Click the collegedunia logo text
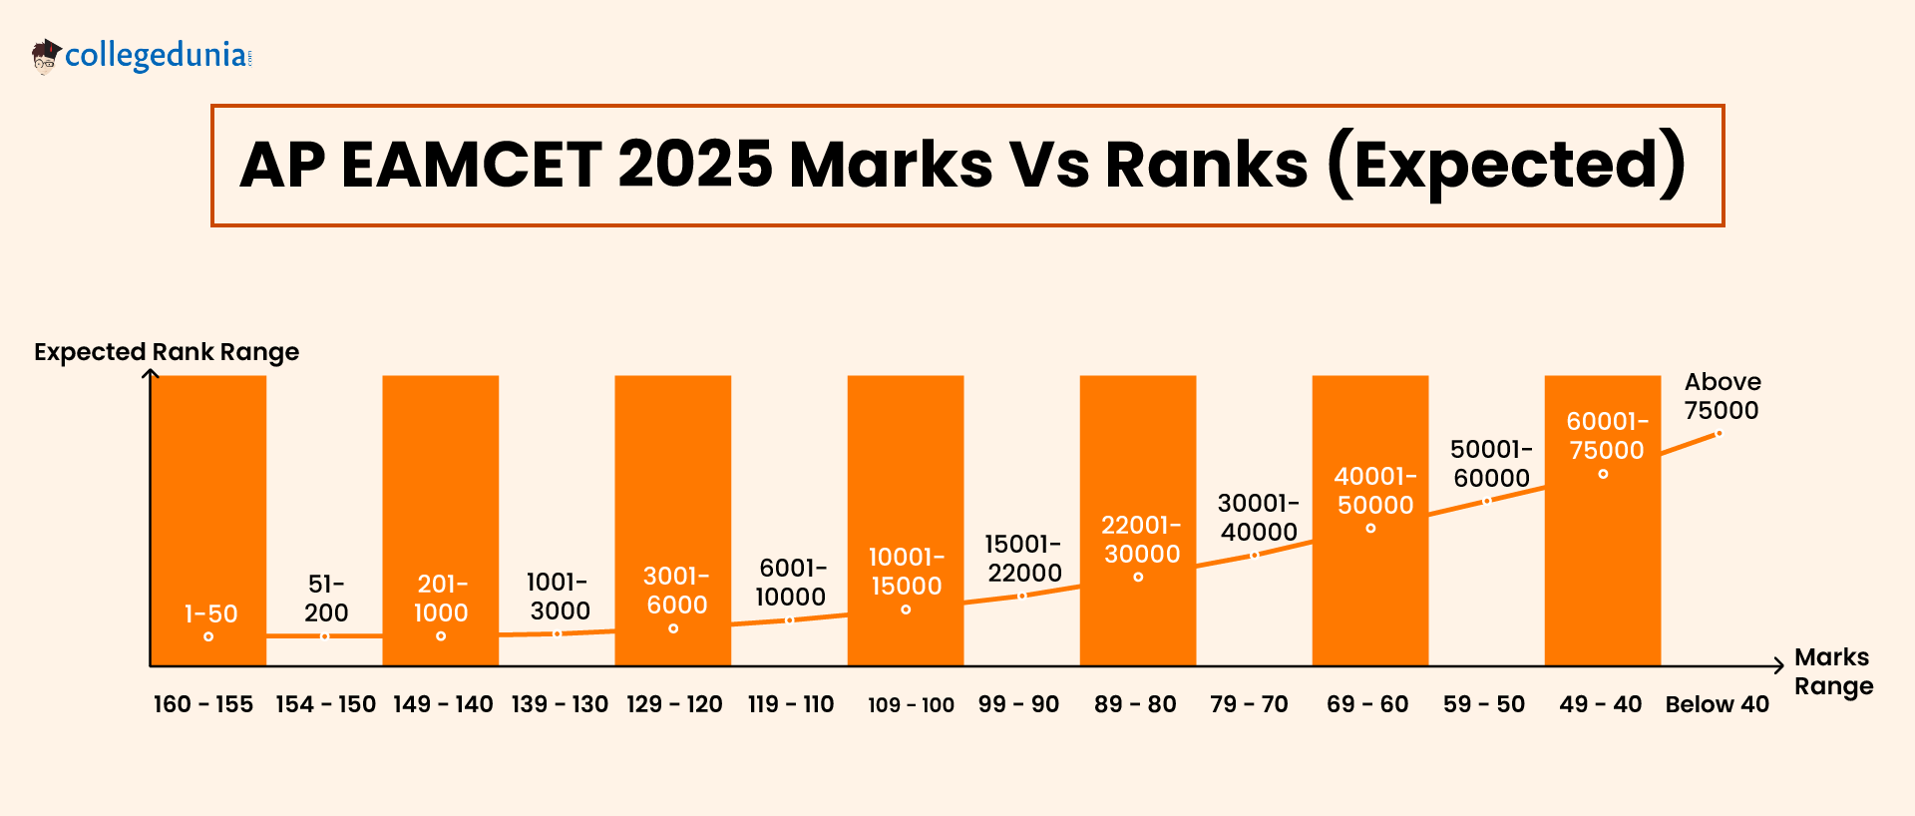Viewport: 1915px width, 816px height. point(157,55)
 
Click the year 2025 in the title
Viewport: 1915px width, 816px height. point(695,165)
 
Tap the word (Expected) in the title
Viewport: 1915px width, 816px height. point(1506,165)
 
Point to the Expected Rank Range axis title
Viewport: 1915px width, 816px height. point(167,352)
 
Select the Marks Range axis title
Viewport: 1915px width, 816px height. point(1832,671)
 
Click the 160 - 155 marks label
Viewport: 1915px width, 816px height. point(203,704)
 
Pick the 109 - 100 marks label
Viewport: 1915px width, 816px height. point(911,705)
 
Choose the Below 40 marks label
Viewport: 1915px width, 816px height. point(1717,704)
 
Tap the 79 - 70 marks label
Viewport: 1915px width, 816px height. point(1249,704)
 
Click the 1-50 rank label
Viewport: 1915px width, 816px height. point(211,613)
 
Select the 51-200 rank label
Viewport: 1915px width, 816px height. point(327,598)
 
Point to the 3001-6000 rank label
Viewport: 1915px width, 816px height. point(676,590)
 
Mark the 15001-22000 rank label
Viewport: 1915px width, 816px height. point(1024,559)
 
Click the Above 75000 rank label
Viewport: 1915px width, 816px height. point(1722,396)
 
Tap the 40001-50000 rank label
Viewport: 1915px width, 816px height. point(1375,491)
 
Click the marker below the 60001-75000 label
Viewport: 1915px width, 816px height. point(1603,474)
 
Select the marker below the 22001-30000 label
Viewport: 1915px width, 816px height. point(1138,577)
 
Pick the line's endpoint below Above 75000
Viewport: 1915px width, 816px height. point(1719,434)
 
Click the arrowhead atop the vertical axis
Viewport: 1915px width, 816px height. point(151,374)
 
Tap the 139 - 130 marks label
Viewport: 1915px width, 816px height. point(560,704)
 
